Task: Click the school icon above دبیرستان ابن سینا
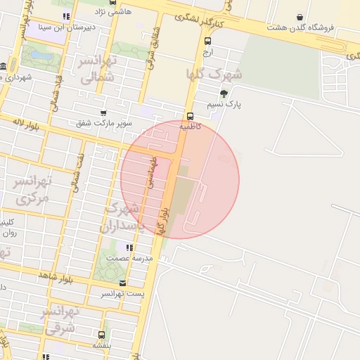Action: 65,16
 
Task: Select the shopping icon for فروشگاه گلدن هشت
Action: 300,17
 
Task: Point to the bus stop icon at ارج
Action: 207,41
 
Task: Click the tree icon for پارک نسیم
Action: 224,94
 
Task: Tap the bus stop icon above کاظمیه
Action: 190,117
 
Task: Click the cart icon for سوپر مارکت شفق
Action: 104,112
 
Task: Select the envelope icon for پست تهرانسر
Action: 123,283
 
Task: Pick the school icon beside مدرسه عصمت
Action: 129,247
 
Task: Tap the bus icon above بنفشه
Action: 102,335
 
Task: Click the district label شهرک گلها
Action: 214,73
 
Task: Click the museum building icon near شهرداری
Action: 4,67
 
